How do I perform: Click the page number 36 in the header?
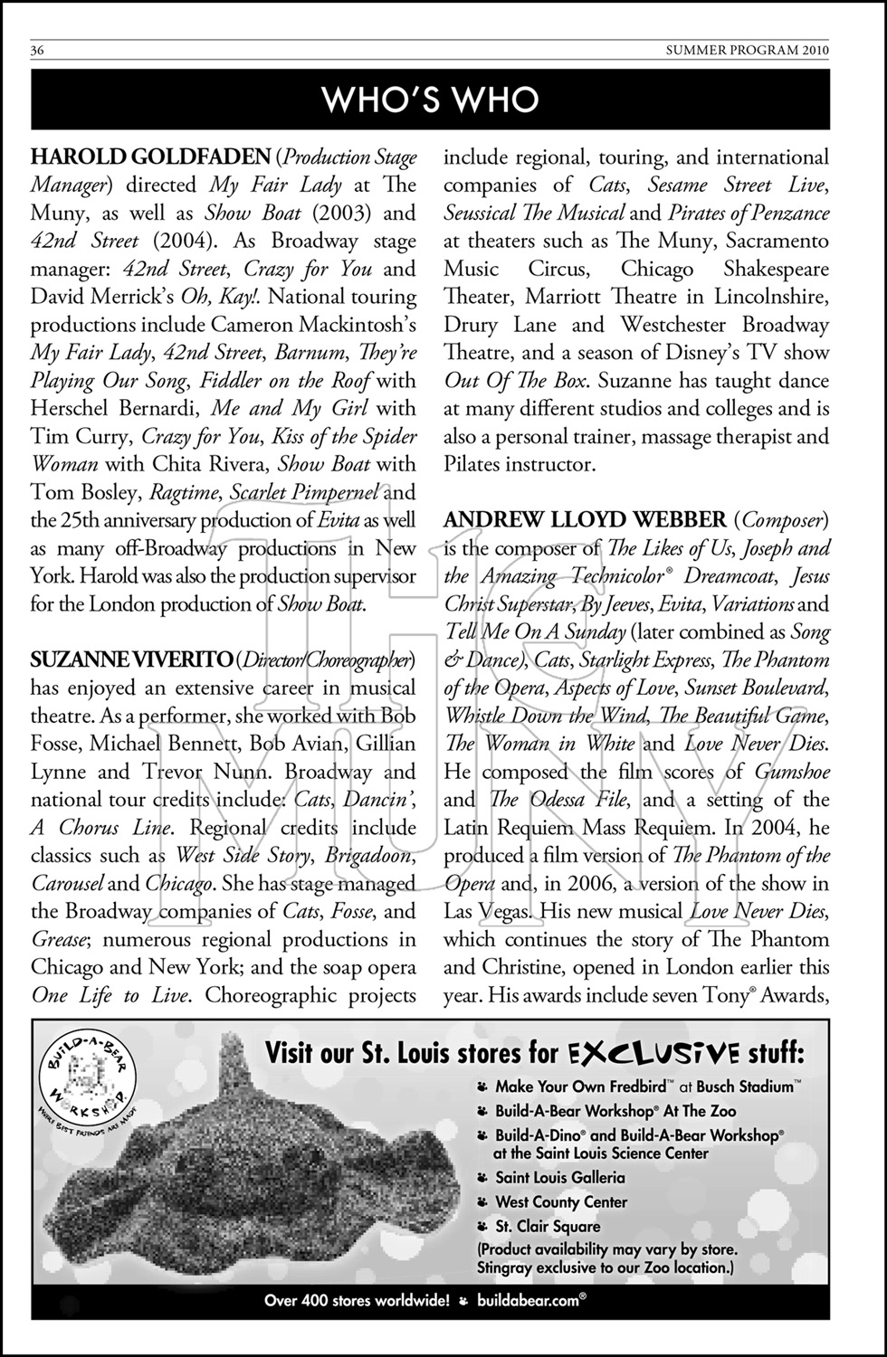(39, 51)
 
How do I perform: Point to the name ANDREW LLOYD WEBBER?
(585, 520)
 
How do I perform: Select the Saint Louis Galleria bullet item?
(559, 1178)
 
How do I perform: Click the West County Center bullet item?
(561, 1202)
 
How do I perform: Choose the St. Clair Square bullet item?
(548, 1227)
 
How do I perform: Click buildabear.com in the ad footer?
(529, 1302)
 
